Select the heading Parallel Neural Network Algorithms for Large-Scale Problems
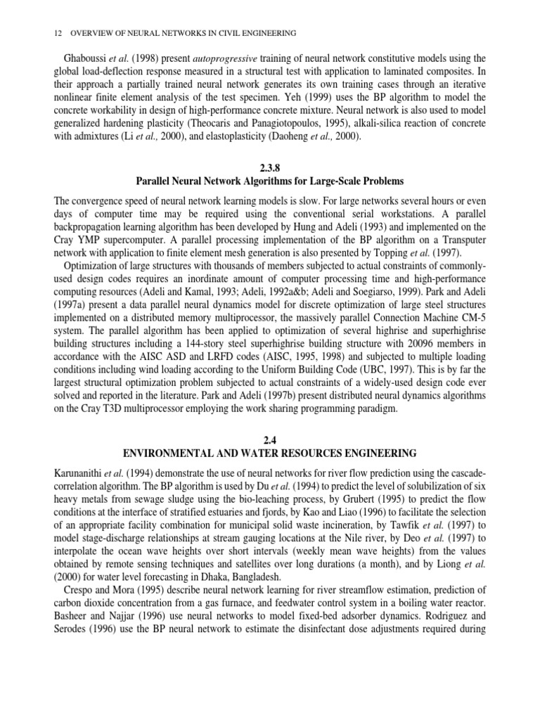(269, 181)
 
